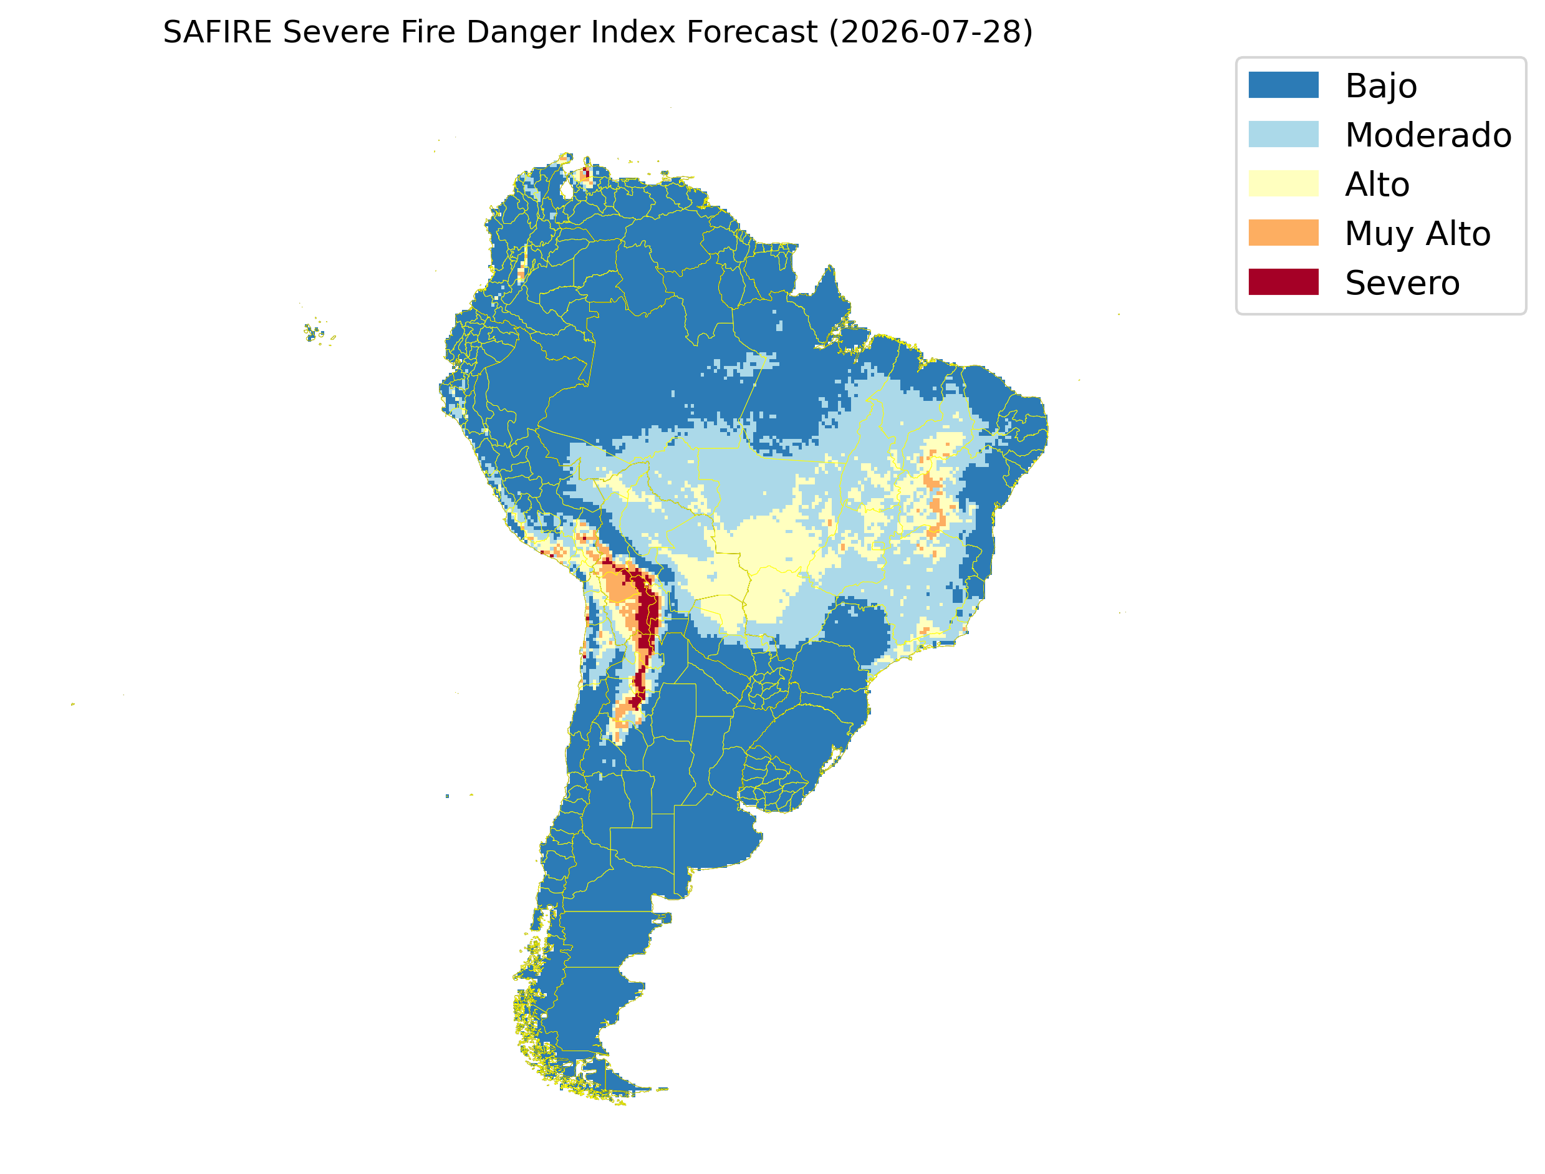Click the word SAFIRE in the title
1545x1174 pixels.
coord(218,32)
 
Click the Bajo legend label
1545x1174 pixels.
coord(1380,87)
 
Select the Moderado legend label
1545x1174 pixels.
coord(1428,135)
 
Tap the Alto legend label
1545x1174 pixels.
coord(1377,185)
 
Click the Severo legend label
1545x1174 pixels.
coord(1402,283)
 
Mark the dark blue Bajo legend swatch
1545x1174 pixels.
coord(1283,85)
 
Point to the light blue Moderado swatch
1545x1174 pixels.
coord(1283,134)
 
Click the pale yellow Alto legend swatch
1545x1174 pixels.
coord(1283,183)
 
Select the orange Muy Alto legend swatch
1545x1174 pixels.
coord(1283,233)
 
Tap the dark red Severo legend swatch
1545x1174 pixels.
coord(1283,282)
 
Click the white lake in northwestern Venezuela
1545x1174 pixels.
coord(567,190)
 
